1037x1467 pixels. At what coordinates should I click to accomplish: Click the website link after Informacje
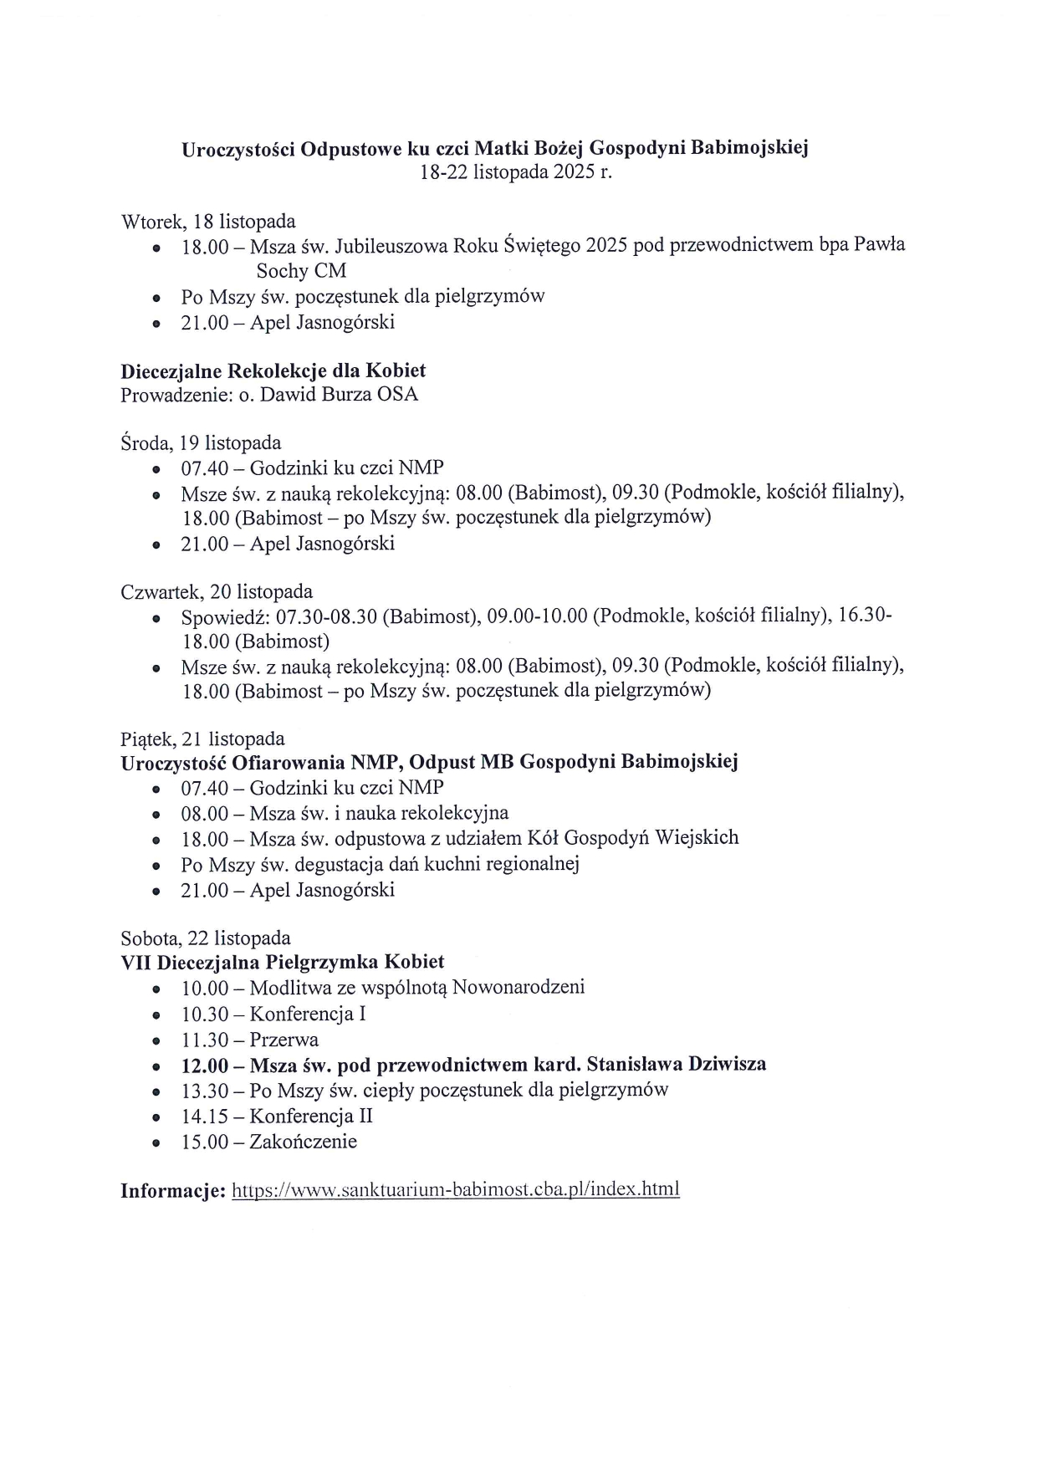coord(455,1189)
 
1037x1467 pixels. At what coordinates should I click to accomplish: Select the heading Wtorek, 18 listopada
coord(208,222)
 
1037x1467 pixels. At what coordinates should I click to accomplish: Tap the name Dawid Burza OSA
coord(339,394)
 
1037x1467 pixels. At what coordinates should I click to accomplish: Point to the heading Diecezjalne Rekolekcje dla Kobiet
coord(273,371)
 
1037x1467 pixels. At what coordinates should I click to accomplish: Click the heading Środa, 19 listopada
coord(201,442)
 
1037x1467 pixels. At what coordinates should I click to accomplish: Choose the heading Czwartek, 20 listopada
coord(217,592)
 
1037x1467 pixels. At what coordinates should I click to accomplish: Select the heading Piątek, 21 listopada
coord(202,739)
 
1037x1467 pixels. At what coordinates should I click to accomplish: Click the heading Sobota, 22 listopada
coord(206,937)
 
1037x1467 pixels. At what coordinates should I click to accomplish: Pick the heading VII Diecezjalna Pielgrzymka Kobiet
coord(283,962)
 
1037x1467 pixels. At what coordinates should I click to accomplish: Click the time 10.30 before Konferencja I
coord(204,1015)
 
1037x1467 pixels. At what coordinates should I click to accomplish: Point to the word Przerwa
coord(284,1040)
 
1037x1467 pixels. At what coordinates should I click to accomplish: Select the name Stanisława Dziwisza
coord(677,1064)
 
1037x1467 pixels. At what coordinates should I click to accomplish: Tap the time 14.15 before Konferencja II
coord(204,1116)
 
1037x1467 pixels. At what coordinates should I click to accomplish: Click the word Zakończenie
coord(304,1141)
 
